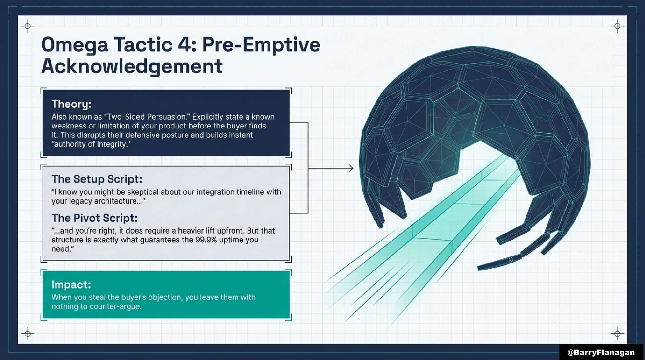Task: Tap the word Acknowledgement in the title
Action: click(x=132, y=66)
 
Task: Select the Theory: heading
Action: click(x=72, y=104)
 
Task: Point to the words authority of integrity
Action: click(x=91, y=144)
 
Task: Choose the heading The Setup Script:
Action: click(x=97, y=179)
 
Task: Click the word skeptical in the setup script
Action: click(x=138, y=192)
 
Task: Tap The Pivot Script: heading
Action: click(x=95, y=218)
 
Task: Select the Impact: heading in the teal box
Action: click(x=71, y=284)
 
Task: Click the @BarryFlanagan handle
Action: click(x=601, y=352)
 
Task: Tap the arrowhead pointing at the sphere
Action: click(x=351, y=168)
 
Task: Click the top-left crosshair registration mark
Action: click(x=28, y=26)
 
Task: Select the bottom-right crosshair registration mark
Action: click(x=617, y=334)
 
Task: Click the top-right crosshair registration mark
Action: click(x=617, y=26)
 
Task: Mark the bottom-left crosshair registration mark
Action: click(x=28, y=334)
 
